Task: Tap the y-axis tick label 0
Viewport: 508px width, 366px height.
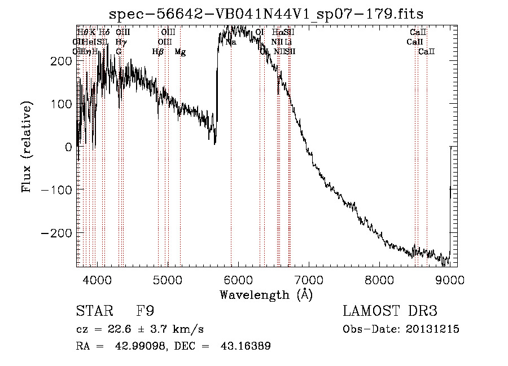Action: [x=68, y=147]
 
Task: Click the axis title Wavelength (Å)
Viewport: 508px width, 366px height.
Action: [x=266, y=294]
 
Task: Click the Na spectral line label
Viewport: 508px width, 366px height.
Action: [x=231, y=42]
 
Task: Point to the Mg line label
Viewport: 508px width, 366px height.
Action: [x=180, y=52]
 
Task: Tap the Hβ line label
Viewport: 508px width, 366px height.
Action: [x=158, y=52]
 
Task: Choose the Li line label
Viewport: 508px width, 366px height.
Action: [x=288, y=42]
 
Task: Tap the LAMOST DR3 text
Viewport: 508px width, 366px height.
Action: [x=390, y=311]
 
